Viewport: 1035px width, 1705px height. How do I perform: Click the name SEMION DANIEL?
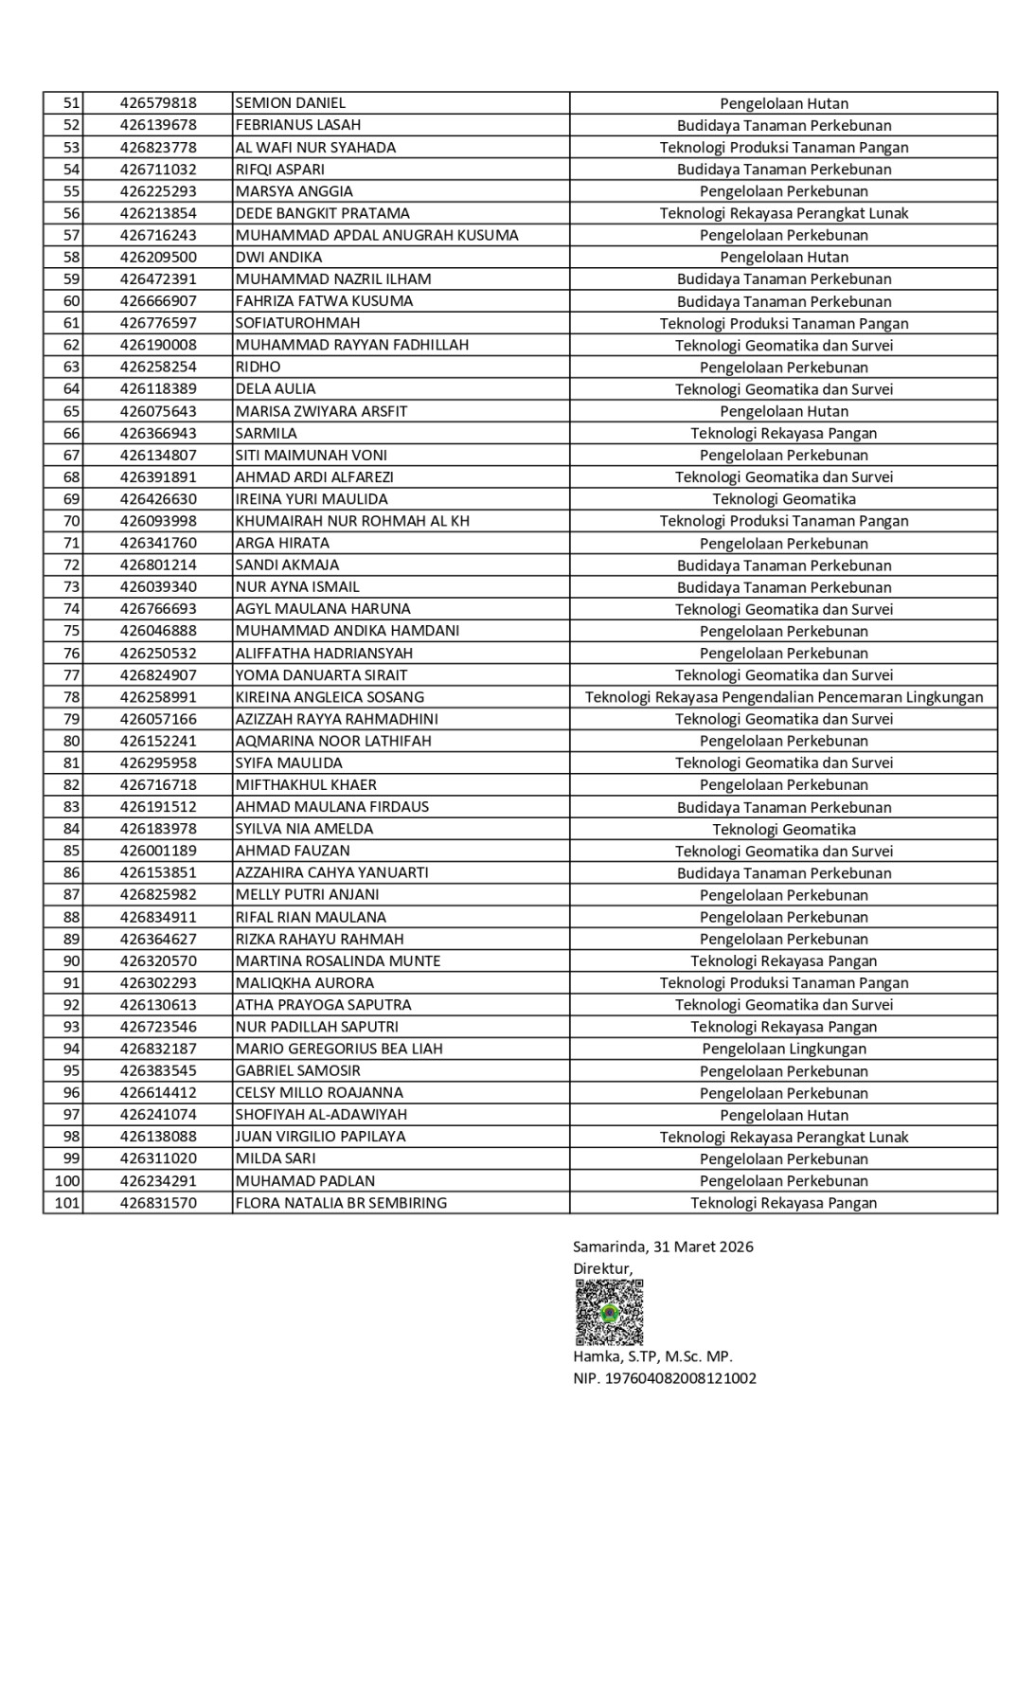(290, 103)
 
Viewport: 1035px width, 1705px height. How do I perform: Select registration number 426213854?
(158, 213)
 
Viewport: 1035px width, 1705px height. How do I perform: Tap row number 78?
(71, 697)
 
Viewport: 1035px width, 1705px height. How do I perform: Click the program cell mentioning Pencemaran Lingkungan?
(783, 697)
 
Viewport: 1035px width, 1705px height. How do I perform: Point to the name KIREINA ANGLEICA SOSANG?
(330, 697)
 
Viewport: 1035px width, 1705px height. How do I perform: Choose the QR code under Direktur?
(609, 1312)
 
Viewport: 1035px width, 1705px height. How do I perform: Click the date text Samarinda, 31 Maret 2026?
(663, 1247)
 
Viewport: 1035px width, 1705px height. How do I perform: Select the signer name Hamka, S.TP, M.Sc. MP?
(652, 1356)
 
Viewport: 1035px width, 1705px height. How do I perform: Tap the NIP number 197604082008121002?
(665, 1378)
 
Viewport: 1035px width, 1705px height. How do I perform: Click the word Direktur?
(602, 1268)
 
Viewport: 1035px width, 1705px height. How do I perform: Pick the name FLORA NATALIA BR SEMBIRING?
(341, 1203)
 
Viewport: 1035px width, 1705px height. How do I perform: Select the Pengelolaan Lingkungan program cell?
(783, 1049)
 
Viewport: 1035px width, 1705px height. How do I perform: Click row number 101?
(67, 1203)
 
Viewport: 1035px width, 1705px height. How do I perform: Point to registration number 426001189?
(158, 851)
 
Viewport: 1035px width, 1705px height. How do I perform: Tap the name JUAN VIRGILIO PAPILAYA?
(320, 1137)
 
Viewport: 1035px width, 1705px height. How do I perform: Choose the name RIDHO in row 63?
(258, 367)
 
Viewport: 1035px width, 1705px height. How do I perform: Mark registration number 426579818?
(158, 103)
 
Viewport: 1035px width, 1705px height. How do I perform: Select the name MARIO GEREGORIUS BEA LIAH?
(339, 1049)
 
